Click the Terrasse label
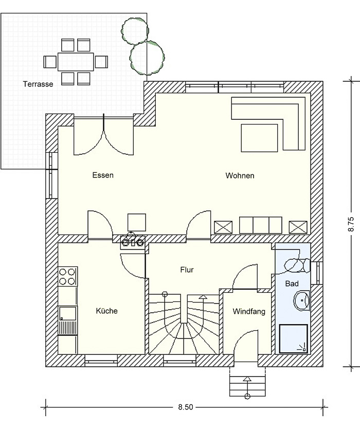[38, 84]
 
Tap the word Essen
[103, 175]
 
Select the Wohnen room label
[240, 175]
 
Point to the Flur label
[187, 270]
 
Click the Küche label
[106, 311]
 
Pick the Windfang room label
[249, 311]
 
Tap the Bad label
[292, 283]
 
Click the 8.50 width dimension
[186, 407]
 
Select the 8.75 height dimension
[351, 224]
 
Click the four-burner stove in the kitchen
[68, 277]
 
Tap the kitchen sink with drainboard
[68, 321]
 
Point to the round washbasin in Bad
[302, 300]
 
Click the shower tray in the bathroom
[294, 338]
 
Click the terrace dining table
[76, 62]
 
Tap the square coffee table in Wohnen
[260, 138]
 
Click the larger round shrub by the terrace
[147, 58]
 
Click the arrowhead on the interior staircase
[203, 296]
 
